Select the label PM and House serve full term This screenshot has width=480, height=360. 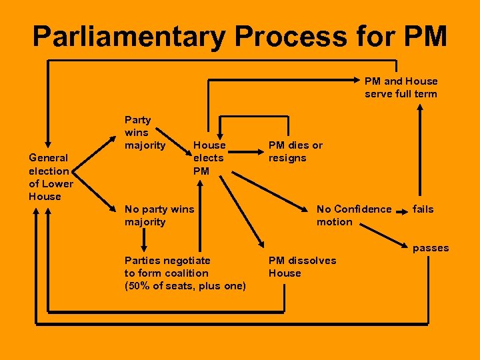401,87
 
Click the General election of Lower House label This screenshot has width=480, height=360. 51,177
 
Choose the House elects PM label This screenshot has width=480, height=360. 209,158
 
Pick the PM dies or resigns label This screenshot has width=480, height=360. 295,151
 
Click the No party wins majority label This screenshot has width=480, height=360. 159,215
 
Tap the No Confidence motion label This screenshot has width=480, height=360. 354,215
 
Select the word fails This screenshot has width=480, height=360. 423,209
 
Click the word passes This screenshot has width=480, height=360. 431,248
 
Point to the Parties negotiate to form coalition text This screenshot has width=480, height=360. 167,267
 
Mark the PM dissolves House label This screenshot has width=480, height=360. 302,267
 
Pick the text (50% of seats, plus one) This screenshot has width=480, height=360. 185,286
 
